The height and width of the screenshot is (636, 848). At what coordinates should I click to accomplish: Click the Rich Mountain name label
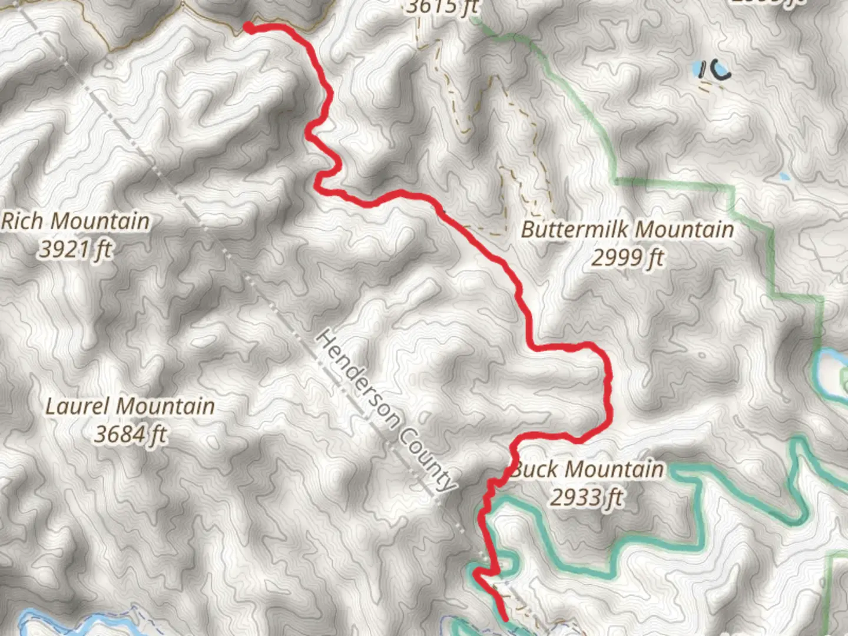pyautogui.click(x=75, y=222)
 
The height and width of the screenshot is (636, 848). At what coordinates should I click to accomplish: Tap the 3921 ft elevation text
pyautogui.click(x=75, y=250)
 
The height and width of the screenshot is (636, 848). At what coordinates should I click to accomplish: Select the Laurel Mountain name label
pyautogui.click(x=130, y=406)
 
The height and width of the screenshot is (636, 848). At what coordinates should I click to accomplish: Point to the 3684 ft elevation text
pyautogui.click(x=130, y=435)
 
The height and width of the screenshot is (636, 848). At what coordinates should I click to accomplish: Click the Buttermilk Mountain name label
pyautogui.click(x=628, y=230)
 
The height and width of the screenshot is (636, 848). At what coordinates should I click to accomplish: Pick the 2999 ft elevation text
pyautogui.click(x=628, y=258)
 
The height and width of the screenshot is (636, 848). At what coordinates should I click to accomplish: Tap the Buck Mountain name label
pyautogui.click(x=588, y=470)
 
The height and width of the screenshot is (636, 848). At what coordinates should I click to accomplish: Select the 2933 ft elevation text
pyautogui.click(x=587, y=498)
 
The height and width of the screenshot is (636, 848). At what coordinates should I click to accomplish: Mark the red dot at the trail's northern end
pyautogui.click(x=249, y=27)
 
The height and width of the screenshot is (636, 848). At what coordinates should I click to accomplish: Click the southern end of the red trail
pyautogui.click(x=506, y=618)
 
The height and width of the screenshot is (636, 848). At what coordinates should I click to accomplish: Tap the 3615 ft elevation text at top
pyautogui.click(x=442, y=7)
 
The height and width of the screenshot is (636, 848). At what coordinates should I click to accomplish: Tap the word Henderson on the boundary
pyautogui.click(x=359, y=377)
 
